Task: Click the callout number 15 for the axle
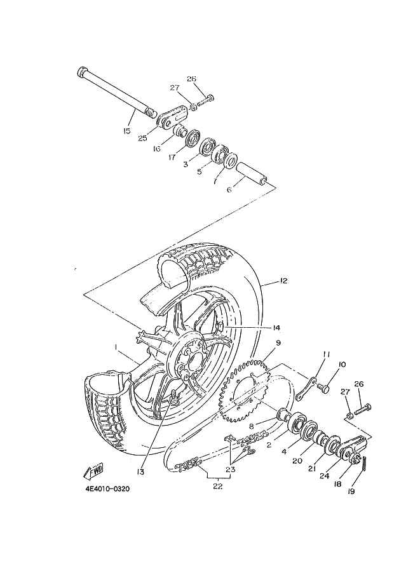[126, 131]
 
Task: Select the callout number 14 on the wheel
[276, 328]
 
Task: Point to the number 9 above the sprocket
[278, 344]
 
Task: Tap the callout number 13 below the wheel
[140, 471]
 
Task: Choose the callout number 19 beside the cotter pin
[350, 491]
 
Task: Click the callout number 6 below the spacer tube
[229, 189]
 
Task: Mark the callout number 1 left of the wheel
[117, 347]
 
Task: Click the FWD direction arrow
[93, 471]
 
